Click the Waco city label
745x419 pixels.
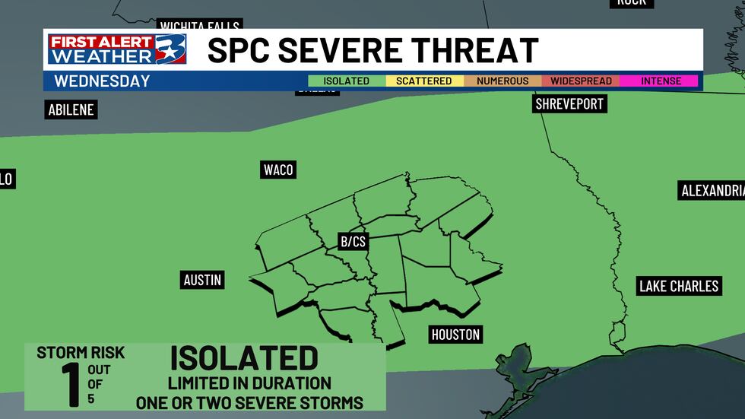[277, 170]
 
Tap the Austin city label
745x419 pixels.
[202, 280]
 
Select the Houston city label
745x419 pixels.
[455, 334]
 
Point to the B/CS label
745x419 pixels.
[353, 242]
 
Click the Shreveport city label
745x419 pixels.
[569, 103]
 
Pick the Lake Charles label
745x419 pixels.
[679, 286]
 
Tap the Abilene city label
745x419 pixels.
[71, 110]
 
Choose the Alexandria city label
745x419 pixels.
[712, 190]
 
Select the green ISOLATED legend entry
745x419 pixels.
[346, 81]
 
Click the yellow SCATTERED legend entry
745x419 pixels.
[424, 81]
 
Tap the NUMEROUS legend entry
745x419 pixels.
[502, 81]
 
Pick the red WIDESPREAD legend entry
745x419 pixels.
[580, 81]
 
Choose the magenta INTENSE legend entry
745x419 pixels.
[661, 81]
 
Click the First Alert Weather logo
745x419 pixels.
[116, 49]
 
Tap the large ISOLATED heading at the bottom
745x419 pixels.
[243, 358]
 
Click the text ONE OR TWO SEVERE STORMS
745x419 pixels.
[249, 402]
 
